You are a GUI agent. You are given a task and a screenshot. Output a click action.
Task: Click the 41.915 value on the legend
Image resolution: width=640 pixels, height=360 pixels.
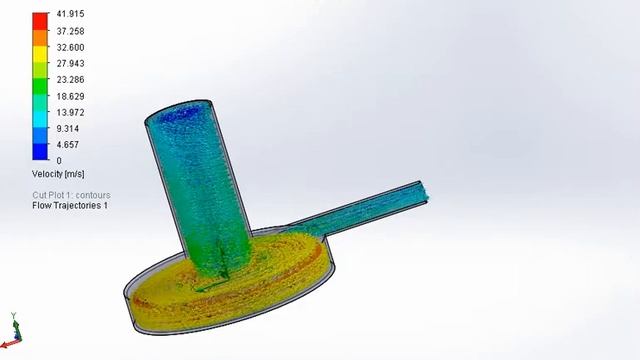point(69,15)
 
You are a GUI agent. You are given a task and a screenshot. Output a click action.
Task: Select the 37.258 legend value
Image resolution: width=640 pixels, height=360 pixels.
point(69,31)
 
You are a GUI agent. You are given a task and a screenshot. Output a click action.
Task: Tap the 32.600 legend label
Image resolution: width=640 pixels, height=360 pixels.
point(69,47)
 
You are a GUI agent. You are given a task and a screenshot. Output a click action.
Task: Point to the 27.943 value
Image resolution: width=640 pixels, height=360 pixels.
point(69,63)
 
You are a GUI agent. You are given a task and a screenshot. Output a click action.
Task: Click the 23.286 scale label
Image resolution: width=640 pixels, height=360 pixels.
point(69,79)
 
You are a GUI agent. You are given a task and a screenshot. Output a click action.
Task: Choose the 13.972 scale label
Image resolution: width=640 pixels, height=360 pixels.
point(69,112)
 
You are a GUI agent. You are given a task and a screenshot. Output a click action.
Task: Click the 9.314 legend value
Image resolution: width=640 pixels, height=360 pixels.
point(67,128)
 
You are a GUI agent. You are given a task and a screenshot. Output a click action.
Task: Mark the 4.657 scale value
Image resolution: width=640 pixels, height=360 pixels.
point(67,144)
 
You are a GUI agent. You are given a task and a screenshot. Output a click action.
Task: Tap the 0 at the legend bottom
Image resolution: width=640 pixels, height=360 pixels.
point(59,160)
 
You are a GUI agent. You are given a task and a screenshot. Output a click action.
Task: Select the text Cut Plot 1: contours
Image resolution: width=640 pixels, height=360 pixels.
point(71,195)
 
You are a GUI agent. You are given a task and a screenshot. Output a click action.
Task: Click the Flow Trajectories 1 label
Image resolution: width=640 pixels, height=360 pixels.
point(70,205)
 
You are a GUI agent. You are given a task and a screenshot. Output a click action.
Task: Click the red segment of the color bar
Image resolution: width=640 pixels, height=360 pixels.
point(40,20)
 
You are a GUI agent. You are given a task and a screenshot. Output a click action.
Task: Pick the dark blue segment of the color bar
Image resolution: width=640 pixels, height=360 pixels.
point(40,152)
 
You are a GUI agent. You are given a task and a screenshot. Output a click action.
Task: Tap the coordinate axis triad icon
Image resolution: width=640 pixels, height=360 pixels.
point(15,330)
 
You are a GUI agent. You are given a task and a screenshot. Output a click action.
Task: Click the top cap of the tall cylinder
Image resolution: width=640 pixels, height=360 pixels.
point(180,113)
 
